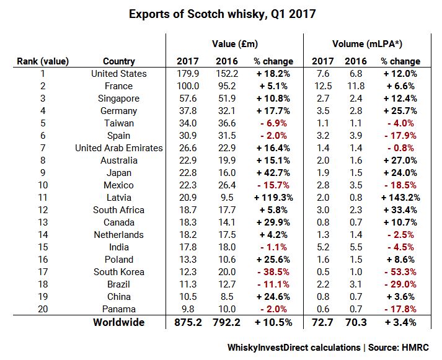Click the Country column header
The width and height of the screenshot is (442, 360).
point(118,61)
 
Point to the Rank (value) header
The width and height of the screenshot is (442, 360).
point(43,61)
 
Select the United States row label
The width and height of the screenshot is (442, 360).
point(118,74)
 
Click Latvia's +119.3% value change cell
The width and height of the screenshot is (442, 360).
point(273,198)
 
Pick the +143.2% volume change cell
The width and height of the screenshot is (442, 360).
point(400,198)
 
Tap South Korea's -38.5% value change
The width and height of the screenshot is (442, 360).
point(273,272)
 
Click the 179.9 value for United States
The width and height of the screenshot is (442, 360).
point(187,74)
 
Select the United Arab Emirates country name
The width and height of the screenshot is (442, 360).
point(118,148)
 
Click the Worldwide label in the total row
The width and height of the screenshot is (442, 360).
point(118,322)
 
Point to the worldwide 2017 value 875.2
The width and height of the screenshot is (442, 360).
point(187,322)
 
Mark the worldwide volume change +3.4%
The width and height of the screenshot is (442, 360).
point(400,322)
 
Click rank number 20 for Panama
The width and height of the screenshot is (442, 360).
point(43,309)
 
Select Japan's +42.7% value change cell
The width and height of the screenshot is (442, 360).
point(273,173)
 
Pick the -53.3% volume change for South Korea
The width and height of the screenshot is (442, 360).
point(400,272)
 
